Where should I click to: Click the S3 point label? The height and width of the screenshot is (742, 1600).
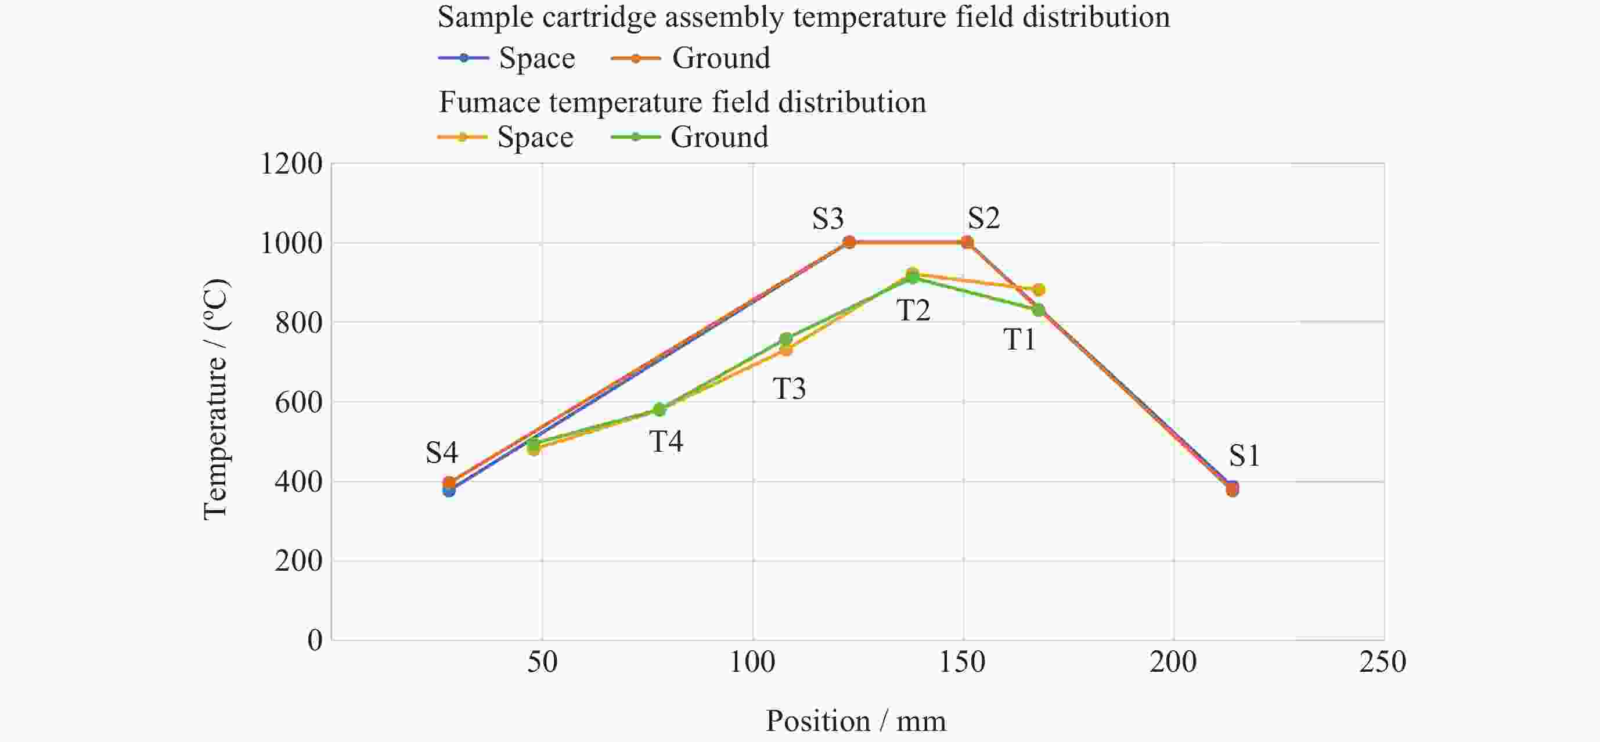pos(828,218)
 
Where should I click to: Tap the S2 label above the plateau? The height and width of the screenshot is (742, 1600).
pos(984,218)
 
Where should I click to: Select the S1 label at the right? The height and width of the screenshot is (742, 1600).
pos(1244,456)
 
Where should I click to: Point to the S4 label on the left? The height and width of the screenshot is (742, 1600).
pos(442,453)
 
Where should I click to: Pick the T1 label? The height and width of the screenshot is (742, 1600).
pos(1020,340)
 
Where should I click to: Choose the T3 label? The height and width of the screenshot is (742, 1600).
pos(789,388)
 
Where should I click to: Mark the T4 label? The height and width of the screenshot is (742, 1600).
pos(666,441)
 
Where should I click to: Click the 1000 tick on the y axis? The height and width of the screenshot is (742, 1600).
pos(291,243)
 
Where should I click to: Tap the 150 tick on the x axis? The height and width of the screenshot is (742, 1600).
pos(962,662)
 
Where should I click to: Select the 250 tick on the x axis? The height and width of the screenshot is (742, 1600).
pos(1383,662)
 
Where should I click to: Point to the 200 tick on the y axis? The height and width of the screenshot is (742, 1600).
pos(298,561)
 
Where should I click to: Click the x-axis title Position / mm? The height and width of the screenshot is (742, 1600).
pos(855,721)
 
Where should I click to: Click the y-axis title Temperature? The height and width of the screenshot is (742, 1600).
pos(215,399)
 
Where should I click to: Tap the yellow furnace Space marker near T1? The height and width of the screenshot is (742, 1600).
pos(1039,290)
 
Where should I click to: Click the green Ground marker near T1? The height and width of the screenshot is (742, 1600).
pos(1039,310)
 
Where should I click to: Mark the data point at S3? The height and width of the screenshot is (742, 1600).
pos(849,242)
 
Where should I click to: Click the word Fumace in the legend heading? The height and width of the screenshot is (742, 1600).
pos(489,102)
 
